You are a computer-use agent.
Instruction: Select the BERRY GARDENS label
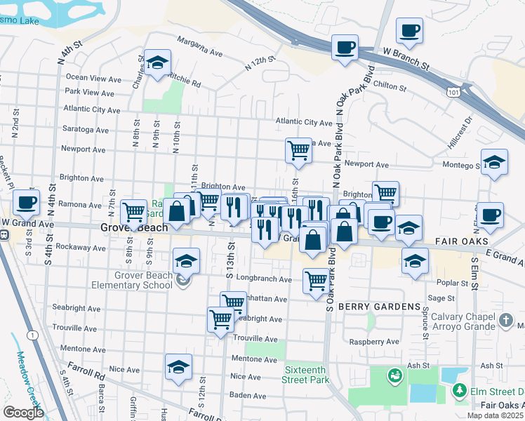click(x=379, y=307)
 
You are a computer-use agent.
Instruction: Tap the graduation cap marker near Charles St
click(x=158, y=63)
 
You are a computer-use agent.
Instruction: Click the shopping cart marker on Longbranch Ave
click(x=317, y=280)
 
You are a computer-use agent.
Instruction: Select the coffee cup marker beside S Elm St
click(x=491, y=215)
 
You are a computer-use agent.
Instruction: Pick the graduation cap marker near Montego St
click(x=494, y=163)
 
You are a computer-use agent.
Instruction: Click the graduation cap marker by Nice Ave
click(x=178, y=367)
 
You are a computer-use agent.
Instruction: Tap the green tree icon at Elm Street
click(x=460, y=391)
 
